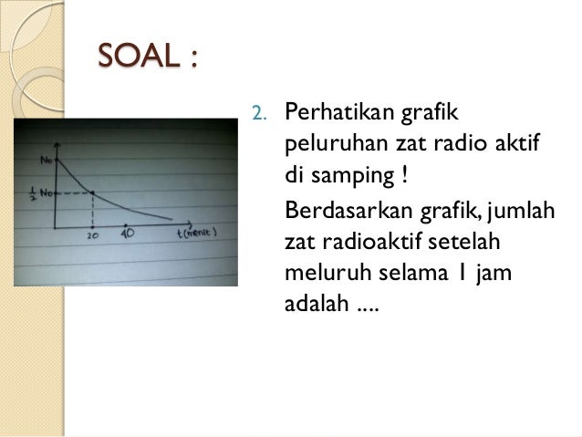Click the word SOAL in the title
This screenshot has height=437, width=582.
tap(132, 57)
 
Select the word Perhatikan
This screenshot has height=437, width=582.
tap(337, 114)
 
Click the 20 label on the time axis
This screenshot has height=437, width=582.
tap(92, 234)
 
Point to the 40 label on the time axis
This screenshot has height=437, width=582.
tap(127, 233)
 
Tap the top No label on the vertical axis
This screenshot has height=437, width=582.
tap(46, 161)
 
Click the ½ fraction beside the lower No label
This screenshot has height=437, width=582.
tap(33, 194)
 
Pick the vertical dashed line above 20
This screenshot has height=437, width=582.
tap(93, 209)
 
